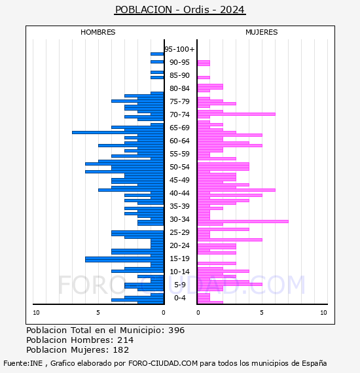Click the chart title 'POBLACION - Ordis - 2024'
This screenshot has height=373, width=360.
point(180,10)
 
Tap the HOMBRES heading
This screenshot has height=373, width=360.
point(98,32)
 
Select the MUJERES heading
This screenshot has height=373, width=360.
point(262,32)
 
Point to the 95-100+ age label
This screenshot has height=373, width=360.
point(179,49)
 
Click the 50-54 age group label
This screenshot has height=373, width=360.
point(179,167)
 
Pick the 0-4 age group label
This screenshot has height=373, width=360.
point(179,298)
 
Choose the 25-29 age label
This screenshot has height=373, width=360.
point(179,232)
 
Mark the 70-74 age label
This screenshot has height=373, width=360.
point(179,115)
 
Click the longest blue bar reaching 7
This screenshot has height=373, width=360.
point(118,132)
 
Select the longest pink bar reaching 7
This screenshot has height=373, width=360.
point(243,221)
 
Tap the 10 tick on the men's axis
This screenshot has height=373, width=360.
point(36,313)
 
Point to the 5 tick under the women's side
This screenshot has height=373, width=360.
point(262,313)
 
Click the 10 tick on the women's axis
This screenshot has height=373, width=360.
point(323,313)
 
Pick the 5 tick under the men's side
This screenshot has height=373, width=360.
point(98,313)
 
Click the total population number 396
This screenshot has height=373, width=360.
point(176,330)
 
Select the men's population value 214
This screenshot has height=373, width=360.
point(126,340)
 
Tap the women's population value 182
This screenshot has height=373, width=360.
point(121,349)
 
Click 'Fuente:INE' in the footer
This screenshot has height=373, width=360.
point(23,363)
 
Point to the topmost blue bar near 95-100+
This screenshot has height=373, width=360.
point(157,54)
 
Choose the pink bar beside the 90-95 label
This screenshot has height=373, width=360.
point(204,63)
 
